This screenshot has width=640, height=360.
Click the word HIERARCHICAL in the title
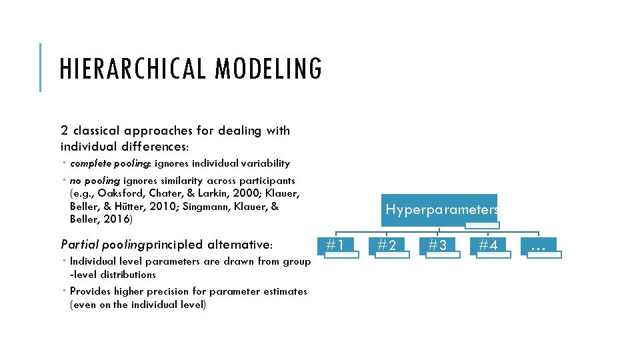pyautogui.click(x=125, y=68)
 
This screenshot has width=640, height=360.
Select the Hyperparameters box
pyautogui.click(x=441, y=209)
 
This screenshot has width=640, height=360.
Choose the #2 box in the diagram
pyautogui.click(x=387, y=245)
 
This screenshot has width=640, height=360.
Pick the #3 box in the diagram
pyautogui.click(x=438, y=245)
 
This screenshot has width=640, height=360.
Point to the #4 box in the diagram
pyautogui.click(x=489, y=245)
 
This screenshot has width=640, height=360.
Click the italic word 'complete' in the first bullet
pyautogui.click(x=90, y=163)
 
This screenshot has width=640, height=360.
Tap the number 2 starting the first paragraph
pyautogui.click(x=64, y=131)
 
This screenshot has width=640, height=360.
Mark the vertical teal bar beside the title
pyautogui.click(x=40, y=67)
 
